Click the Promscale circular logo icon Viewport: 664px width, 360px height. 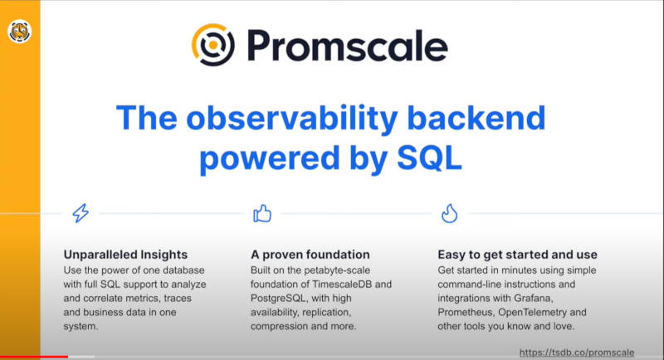point(213,45)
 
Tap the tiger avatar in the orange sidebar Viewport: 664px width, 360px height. point(19,32)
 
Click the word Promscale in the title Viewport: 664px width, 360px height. point(347,46)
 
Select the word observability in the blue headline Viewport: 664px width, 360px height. point(292,118)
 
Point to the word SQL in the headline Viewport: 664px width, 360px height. point(429,158)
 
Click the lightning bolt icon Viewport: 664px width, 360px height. point(81,213)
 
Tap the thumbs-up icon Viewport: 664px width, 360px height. point(262,213)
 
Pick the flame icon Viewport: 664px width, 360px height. point(449,213)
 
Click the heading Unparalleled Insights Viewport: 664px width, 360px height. point(125,255)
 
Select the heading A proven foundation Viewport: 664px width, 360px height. point(310,255)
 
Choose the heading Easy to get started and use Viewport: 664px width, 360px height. point(517,255)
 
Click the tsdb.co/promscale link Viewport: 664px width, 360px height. point(577,353)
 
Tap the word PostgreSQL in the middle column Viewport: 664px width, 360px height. point(278,299)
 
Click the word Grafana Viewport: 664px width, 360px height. point(534,299)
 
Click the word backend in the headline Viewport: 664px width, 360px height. point(476,118)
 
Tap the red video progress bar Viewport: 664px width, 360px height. point(34,357)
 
